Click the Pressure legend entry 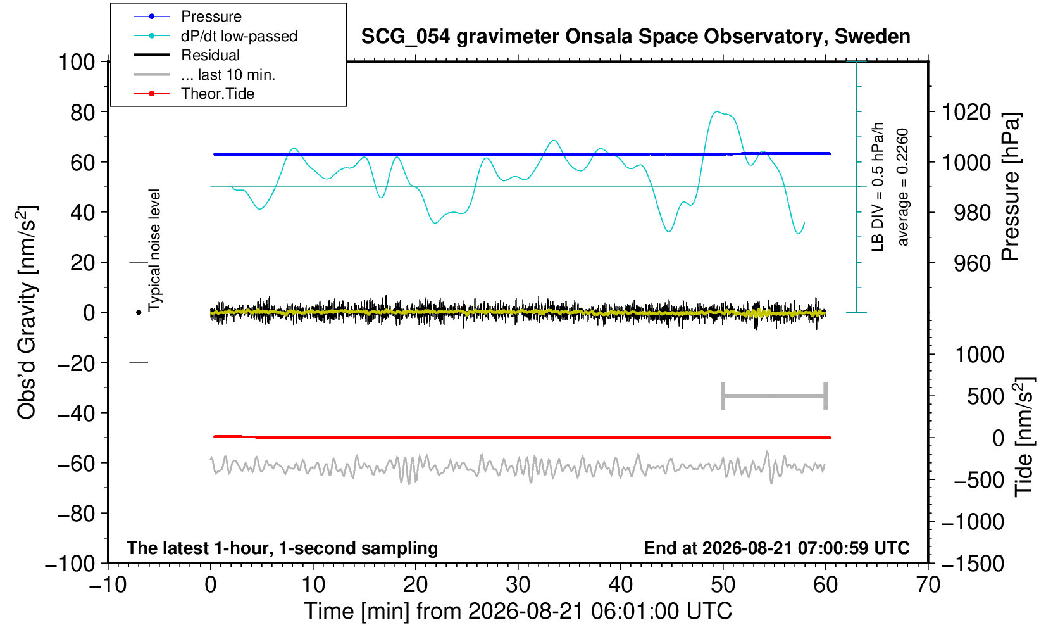[211, 17]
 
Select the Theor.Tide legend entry [218, 94]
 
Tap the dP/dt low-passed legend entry [239, 36]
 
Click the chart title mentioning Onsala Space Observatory [635, 37]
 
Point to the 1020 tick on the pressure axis [966, 113]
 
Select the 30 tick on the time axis [518, 585]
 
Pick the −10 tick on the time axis [108, 585]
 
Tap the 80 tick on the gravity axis [83, 113]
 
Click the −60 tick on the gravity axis [77, 464]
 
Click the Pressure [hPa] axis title [1011, 187]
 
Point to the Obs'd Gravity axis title [27, 312]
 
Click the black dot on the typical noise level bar [139, 312]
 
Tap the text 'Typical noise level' [154, 251]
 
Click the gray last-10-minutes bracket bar [775, 396]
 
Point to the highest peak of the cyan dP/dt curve [716, 111]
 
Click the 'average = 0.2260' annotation [902, 187]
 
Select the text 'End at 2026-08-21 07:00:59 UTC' [776, 548]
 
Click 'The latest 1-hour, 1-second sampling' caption [282, 548]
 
